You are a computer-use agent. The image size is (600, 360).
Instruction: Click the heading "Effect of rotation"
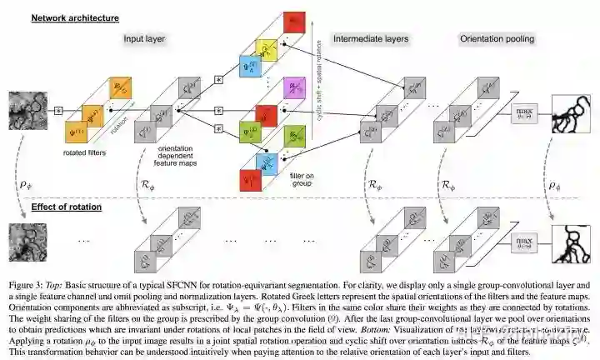[x=66, y=207]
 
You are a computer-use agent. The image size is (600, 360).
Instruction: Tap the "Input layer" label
[x=146, y=38]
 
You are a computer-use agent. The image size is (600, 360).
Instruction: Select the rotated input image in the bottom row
[x=26, y=239]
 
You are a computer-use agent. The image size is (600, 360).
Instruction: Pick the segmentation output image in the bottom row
[x=570, y=241]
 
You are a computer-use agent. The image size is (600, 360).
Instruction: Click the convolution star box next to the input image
[x=58, y=110]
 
